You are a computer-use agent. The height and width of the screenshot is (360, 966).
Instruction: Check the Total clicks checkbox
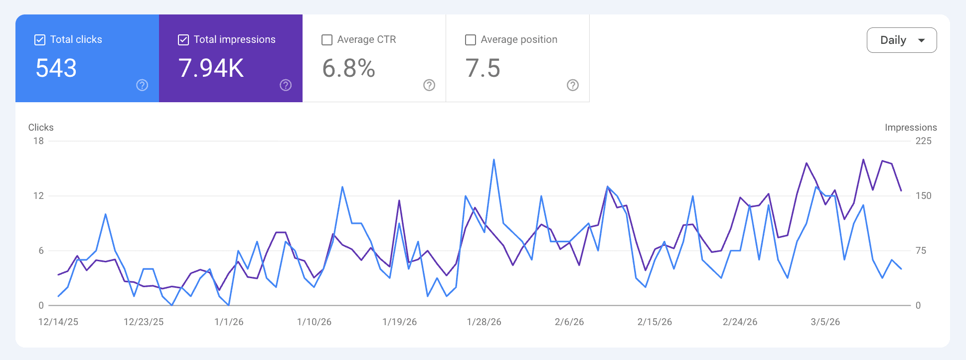coord(40,40)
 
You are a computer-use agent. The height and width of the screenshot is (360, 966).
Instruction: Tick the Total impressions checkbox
coord(183,40)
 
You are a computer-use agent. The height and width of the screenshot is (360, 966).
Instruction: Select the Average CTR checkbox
coord(327,40)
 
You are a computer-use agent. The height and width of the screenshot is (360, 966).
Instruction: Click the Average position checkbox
coord(471,40)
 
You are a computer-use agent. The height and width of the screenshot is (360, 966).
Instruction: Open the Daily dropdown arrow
coord(921,40)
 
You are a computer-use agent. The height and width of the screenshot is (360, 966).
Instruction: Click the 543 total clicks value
coord(56,68)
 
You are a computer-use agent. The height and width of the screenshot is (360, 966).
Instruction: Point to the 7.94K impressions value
coord(211,68)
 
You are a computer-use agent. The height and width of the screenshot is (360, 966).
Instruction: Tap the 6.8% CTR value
coord(348,68)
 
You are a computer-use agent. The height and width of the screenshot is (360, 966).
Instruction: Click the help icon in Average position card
coord(573,85)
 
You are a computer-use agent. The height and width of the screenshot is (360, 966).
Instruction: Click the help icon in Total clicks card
coord(142,85)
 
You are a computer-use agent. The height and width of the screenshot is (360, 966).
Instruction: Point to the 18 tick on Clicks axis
coord(38,141)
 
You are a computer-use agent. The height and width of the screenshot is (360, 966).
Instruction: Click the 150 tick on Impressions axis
coord(923,196)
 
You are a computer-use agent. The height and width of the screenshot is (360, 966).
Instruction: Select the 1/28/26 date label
coord(484,322)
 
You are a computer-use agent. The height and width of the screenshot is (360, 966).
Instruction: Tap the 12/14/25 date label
coord(58,322)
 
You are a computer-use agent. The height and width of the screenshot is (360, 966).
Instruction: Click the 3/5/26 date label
coord(825,322)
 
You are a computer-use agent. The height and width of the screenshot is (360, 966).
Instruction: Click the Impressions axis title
coord(911,128)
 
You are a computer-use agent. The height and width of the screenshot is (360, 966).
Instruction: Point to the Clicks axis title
coord(41,128)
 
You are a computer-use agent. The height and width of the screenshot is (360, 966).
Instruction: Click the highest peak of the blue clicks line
coord(494,160)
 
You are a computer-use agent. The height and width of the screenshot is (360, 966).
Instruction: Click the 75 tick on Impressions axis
coord(921,251)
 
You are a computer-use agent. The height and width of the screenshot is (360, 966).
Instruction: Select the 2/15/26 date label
coord(654,322)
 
